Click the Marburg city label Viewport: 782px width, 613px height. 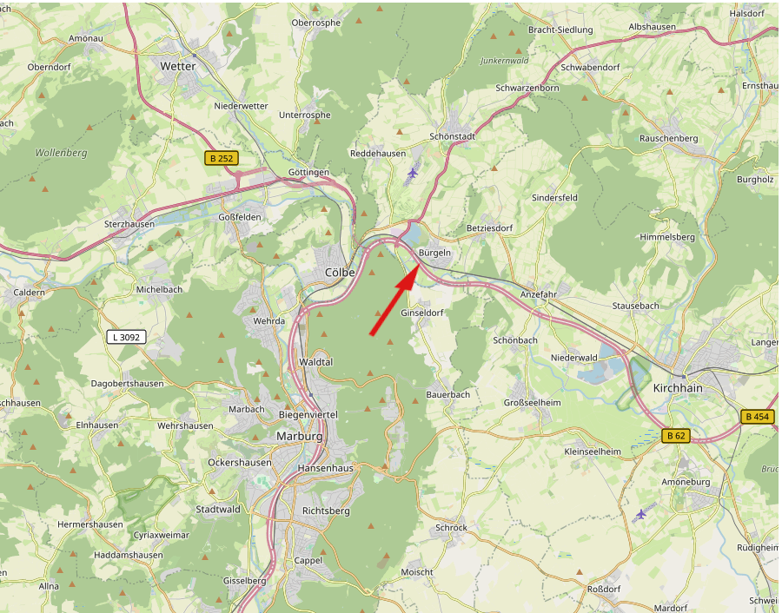coord(299,436)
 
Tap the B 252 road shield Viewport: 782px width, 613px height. coord(222,158)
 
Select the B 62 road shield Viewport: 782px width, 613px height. coord(675,436)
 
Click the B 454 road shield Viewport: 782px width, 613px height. coord(757,417)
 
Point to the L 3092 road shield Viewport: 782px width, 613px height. coord(125,337)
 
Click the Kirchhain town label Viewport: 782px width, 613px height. coord(677,388)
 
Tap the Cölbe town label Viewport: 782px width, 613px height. coord(340,272)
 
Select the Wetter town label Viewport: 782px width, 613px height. coord(178,66)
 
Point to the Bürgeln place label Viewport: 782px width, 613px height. coord(435,252)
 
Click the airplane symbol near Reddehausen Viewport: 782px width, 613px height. coord(412,173)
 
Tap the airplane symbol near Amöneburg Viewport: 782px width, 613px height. coord(641,513)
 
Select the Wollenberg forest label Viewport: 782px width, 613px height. coord(62,153)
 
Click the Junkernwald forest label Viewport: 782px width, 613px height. coord(504,61)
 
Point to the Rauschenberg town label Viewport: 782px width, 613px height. coord(668,138)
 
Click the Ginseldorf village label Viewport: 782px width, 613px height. coord(421,313)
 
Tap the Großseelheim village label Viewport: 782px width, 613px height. coord(533,403)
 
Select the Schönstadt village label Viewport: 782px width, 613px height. coord(453,137)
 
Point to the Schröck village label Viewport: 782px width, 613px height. coord(451,527)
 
